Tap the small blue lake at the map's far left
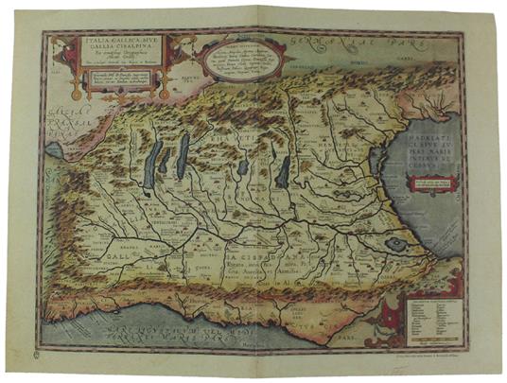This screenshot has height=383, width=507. click(x=58, y=150)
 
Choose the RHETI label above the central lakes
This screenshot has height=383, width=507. click(x=232, y=142)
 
